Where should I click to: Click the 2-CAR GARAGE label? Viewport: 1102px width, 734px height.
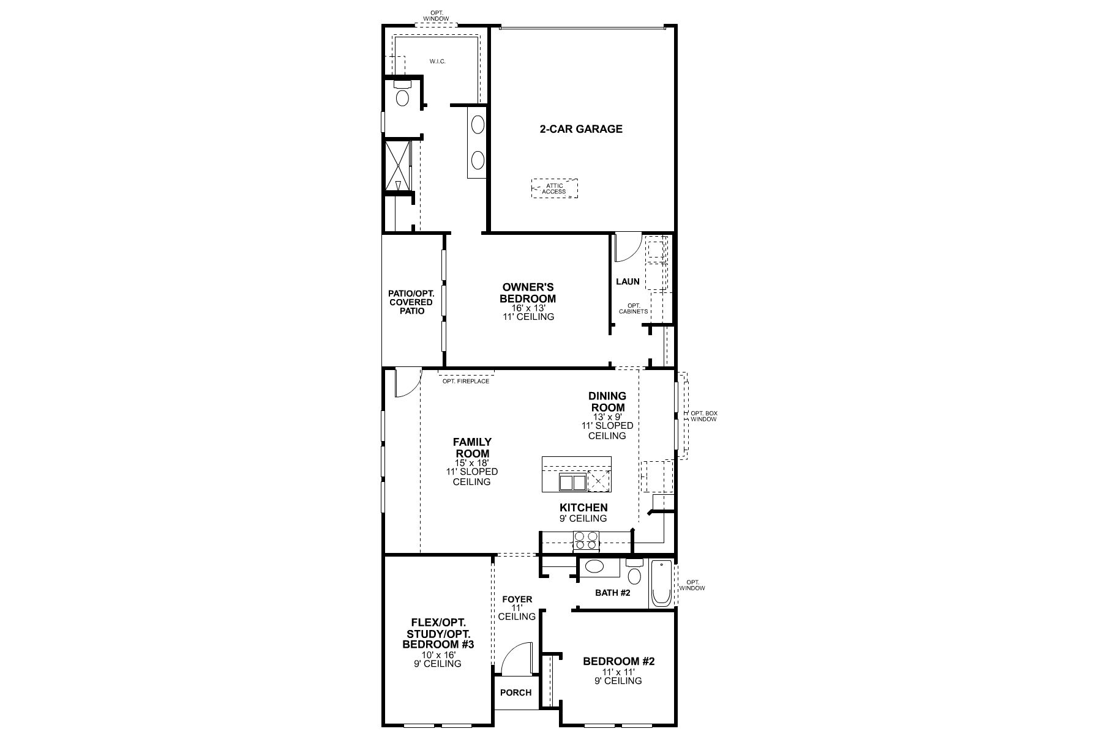[580, 129]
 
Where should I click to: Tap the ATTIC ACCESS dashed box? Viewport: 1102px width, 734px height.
[554, 188]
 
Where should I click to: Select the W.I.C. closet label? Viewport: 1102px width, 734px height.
[437, 61]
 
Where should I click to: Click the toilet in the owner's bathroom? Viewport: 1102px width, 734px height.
[402, 97]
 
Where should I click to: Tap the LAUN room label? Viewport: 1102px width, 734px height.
[628, 281]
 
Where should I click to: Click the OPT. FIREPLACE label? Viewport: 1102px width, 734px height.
[466, 381]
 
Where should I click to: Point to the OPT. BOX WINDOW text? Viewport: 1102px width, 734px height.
[703, 417]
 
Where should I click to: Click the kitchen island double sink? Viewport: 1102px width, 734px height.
[572, 482]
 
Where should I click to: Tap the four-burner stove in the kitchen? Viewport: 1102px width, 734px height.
[586, 541]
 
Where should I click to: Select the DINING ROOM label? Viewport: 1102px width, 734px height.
[607, 402]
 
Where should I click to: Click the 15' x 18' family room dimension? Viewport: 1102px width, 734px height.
[472, 463]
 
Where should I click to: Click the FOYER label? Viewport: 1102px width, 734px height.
[517, 599]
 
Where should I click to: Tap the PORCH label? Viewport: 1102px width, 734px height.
[515, 692]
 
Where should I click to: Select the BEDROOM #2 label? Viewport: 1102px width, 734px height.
[618, 661]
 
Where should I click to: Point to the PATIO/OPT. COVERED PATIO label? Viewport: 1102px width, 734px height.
[411, 302]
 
